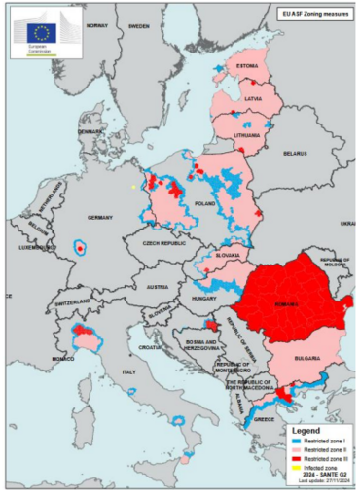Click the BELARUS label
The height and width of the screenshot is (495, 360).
coord(295,153)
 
